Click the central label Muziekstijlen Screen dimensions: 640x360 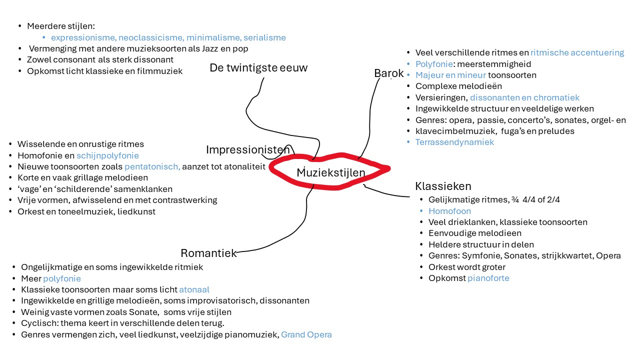[x=331, y=172]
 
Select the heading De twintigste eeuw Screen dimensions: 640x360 [x=258, y=67]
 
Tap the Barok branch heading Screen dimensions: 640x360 [x=389, y=73]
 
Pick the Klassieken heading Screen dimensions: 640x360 [x=443, y=186]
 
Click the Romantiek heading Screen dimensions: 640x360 [x=209, y=253]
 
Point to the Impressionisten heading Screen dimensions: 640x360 [x=248, y=149]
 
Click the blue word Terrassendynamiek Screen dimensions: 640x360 [x=454, y=142]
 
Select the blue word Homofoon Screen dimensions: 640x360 [x=449, y=211]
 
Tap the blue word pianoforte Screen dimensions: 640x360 [x=488, y=278]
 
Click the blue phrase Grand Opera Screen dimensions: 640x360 [x=306, y=334]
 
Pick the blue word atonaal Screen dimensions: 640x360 [x=194, y=289]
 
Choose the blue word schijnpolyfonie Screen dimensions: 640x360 [x=107, y=155]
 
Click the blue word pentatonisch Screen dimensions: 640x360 [x=151, y=166]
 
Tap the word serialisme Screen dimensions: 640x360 [x=264, y=37]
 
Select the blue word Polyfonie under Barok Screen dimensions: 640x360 [x=434, y=64]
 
